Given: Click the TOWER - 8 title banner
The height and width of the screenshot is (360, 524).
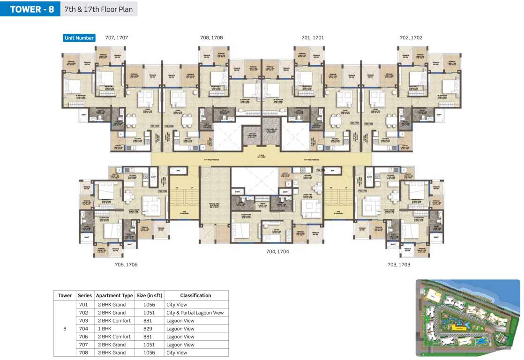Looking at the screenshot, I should coord(31,9).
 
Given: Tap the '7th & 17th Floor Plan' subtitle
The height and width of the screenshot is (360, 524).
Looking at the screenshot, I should coord(98,9).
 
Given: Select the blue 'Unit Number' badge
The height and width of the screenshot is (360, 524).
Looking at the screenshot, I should coord(79,38).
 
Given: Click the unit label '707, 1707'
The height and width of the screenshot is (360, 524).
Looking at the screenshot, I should coord(117,37).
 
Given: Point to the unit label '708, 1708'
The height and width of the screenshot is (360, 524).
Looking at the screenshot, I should coord(211,37).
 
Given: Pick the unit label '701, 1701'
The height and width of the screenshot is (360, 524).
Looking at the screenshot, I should coord(313,37).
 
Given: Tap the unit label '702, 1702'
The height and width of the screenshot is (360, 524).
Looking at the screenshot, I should coord(411,37).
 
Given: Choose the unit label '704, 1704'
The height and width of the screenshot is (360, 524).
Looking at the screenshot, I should coord(277,252).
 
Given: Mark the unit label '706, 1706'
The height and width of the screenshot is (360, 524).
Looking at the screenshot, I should coord(126,265).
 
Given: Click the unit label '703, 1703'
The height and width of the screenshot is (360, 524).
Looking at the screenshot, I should coord(399,265).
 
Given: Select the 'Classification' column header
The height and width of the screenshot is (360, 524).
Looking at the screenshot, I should coord(195,295).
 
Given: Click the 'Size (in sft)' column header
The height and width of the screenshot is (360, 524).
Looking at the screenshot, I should coord(149,295).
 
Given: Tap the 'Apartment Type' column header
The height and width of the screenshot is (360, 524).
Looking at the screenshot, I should coord(114,295).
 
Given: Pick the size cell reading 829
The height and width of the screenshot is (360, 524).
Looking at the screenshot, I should coord(149,329).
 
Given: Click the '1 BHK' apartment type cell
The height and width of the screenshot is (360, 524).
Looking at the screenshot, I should coord(105,329).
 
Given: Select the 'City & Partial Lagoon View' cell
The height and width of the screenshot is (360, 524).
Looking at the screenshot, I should coord(195,313).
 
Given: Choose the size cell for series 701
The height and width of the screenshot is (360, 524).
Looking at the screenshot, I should coord(149,305).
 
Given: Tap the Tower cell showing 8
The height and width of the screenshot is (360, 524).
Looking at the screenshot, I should coord(65,329).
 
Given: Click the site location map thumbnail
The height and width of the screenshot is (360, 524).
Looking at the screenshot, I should coord(468,318).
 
